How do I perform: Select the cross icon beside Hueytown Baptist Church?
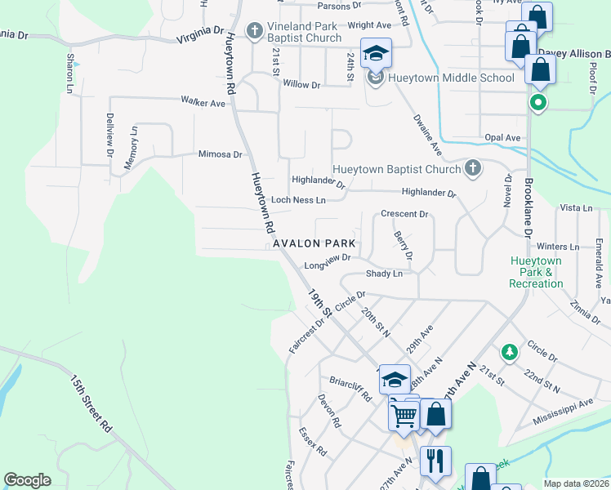click(x=471, y=168)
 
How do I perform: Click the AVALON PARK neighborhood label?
click(x=314, y=243)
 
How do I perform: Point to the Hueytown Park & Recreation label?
click(x=536, y=272)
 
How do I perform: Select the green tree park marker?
click(x=510, y=351)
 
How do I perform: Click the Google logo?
click(x=27, y=480)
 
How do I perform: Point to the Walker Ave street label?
click(x=203, y=103)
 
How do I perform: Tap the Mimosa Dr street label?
click(x=221, y=154)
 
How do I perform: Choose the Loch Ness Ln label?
click(x=298, y=199)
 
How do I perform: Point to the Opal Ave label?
click(x=502, y=138)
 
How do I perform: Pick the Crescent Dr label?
click(x=404, y=214)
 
